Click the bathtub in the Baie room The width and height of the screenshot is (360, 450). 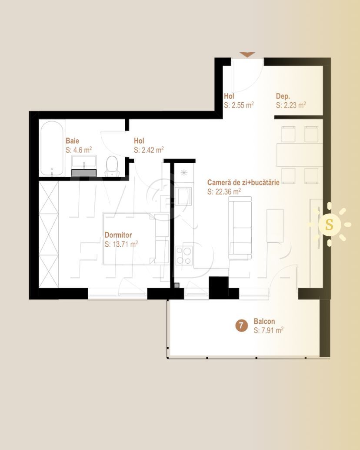point(52,148)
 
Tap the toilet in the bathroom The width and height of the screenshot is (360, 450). point(112,166)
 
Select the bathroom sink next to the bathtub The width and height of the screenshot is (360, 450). point(84,161)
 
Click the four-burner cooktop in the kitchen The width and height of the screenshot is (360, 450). point(184,255)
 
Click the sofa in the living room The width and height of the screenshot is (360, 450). point(240,228)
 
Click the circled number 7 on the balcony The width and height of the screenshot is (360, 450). point(241,326)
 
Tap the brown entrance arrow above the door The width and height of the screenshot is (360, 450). point(247,54)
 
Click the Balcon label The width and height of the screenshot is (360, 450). point(264,321)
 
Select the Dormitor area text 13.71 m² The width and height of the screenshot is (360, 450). point(121,244)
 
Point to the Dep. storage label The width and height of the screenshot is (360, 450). point(283,96)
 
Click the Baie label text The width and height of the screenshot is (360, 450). point(72,141)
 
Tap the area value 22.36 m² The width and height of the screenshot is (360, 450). point(224,192)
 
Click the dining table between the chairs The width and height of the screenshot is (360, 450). point(300,155)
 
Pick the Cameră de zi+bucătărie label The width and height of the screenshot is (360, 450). point(243,182)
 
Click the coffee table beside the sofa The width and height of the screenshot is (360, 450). point(275,225)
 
